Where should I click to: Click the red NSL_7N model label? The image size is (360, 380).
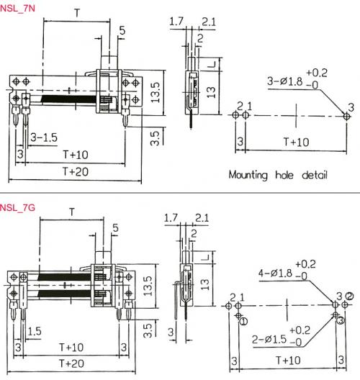click(17, 8)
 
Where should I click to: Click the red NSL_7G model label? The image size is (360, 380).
click(17, 208)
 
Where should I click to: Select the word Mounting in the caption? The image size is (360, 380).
click(248, 175)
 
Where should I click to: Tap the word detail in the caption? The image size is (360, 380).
click(315, 175)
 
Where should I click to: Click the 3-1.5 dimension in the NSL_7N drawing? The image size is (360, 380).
click(44, 137)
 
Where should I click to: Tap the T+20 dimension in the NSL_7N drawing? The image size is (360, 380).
click(76, 171)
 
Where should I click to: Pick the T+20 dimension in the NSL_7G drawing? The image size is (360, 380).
click(72, 363)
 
